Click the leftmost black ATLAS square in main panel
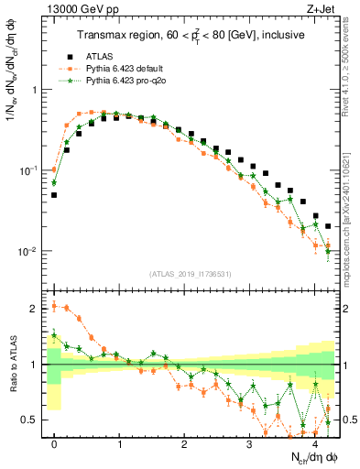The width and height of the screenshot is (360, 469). click(x=55, y=195)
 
